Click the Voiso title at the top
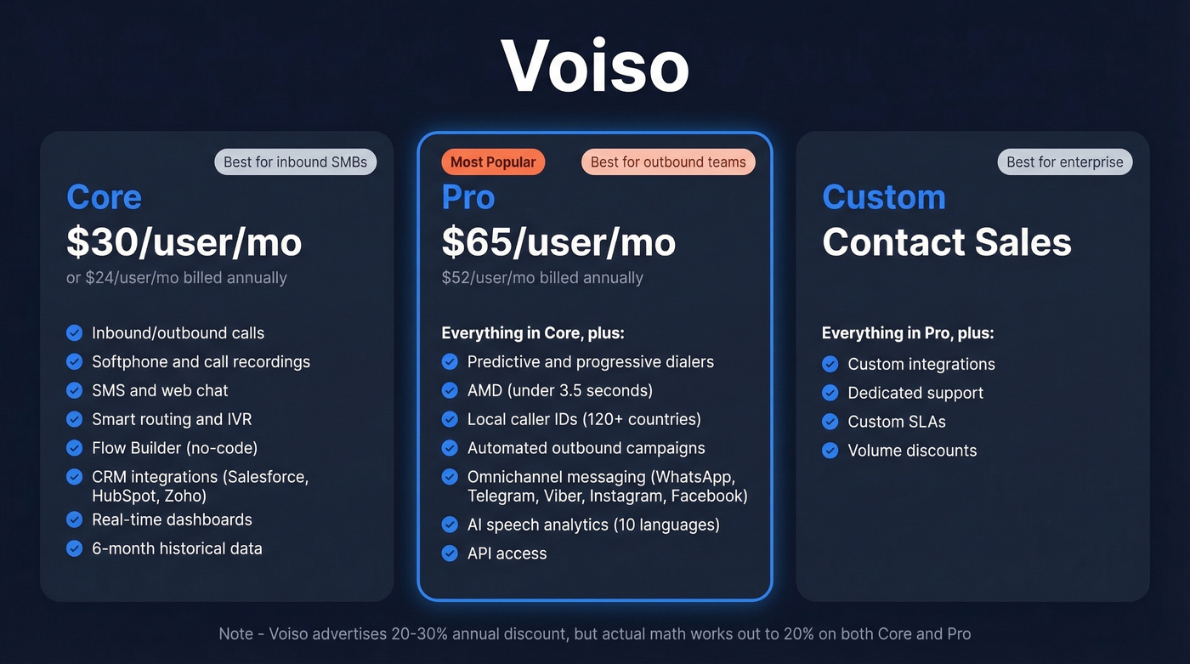point(594,65)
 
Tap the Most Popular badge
point(493,162)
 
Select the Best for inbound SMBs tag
point(295,162)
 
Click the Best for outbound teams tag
point(668,162)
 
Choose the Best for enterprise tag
point(1064,162)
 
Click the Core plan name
point(104,197)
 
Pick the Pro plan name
point(467,197)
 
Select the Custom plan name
point(883,197)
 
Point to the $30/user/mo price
point(184,242)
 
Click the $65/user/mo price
point(558,242)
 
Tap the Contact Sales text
point(946,242)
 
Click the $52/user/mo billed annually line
point(542,278)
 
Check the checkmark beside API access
point(450,553)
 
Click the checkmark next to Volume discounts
point(830,451)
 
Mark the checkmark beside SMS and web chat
point(75,390)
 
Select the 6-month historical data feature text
point(177,548)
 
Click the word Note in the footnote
point(235,633)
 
